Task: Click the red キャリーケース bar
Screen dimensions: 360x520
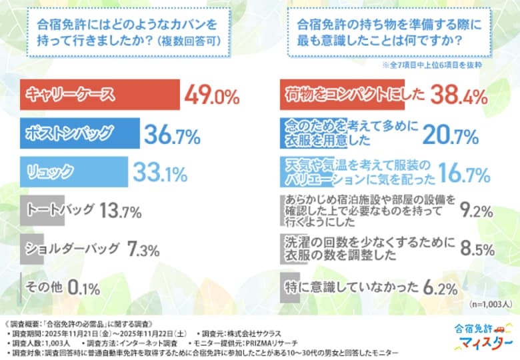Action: pyautogui.click(x=100, y=95)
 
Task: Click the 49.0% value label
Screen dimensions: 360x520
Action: pyautogui.click(x=212, y=96)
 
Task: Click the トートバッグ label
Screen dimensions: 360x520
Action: pyautogui.click(x=60, y=211)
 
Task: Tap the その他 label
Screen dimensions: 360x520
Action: pyautogui.click(x=43, y=288)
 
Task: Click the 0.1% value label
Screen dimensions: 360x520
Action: pyautogui.click(x=84, y=289)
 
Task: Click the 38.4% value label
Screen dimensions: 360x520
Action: pyautogui.click(x=461, y=96)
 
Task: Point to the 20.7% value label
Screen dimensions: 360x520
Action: pyautogui.click(x=450, y=135)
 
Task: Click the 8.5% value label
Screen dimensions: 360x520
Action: pyautogui.click(x=477, y=250)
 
